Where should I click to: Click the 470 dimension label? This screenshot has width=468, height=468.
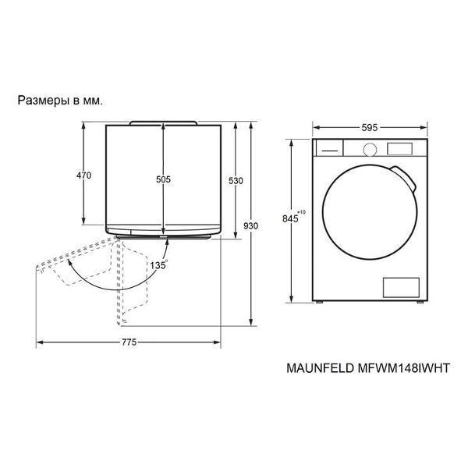(x=84, y=175)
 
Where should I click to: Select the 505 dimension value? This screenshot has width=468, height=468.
(x=163, y=179)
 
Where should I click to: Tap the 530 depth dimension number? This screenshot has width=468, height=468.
(x=236, y=181)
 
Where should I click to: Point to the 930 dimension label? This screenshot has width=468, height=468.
(x=250, y=226)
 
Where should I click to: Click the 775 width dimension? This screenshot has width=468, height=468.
(x=129, y=342)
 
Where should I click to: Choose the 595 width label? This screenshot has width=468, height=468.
(x=370, y=128)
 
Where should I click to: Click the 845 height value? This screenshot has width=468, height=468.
(x=290, y=218)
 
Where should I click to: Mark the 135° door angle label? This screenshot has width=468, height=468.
(x=159, y=264)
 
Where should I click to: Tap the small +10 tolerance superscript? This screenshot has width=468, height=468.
(x=302, y=212)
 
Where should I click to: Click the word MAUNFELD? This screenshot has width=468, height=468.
(x=320, y=368)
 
